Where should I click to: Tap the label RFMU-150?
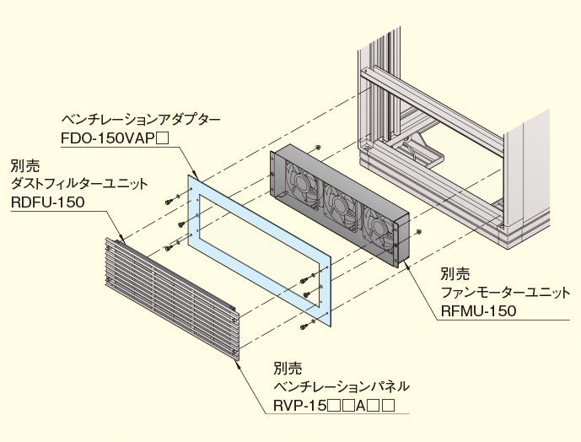point(477,310)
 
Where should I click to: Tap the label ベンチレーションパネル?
point(341,387)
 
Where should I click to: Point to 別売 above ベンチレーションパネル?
point(287,369)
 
